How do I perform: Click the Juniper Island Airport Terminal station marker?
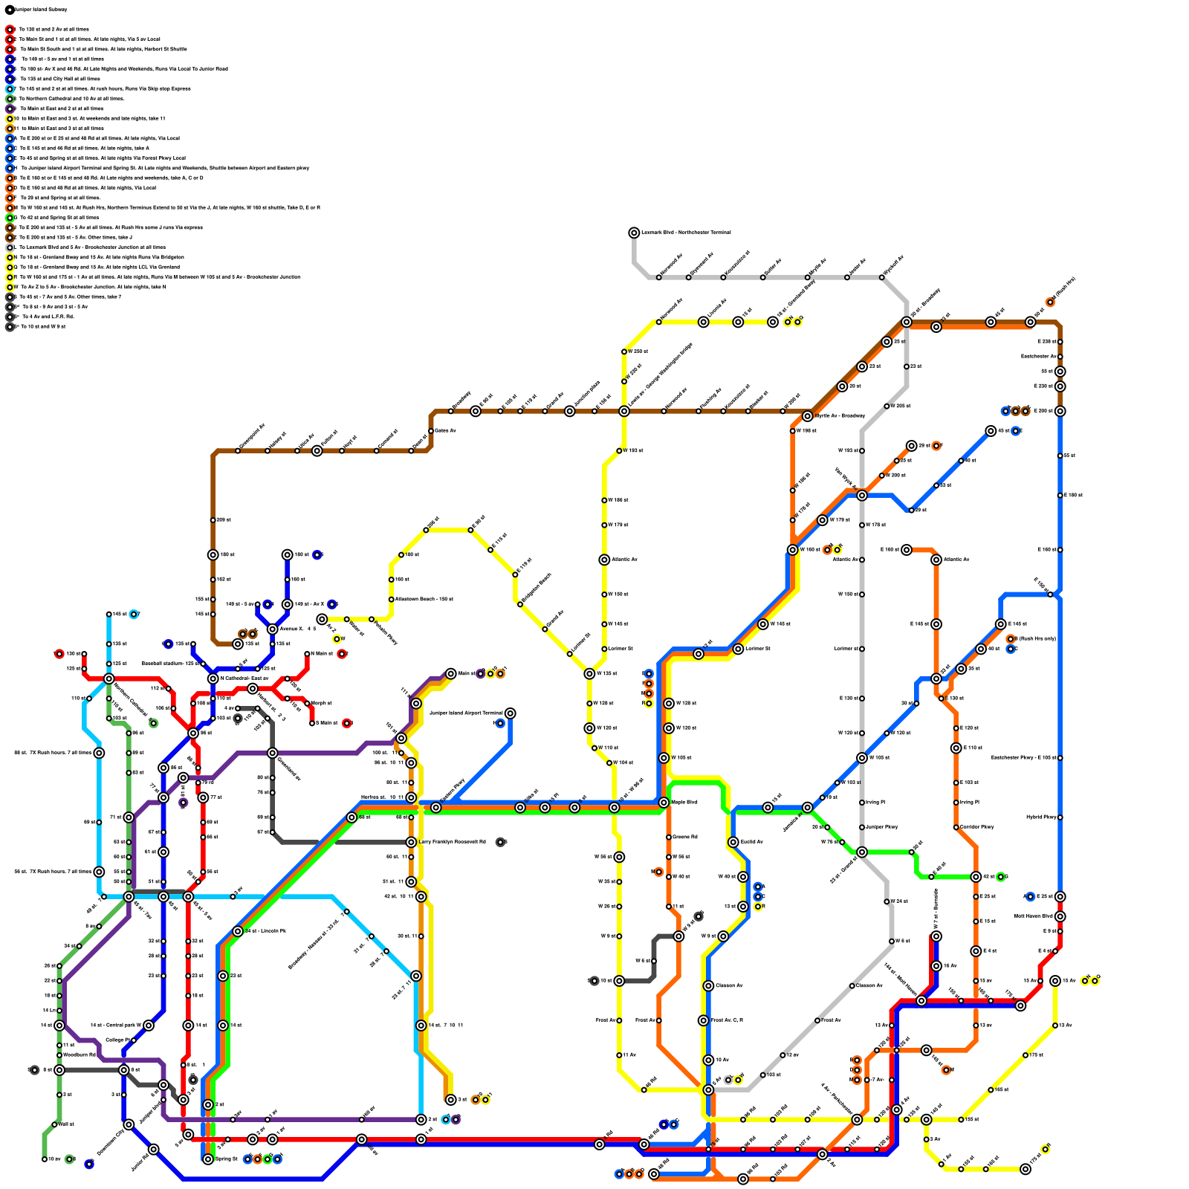(x=510, y=713)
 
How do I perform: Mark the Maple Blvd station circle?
(x=664, y=803)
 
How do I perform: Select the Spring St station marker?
(x=208, y=1159)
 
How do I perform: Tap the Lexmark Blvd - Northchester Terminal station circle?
(x=634, y=233)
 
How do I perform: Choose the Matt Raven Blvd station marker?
(x=1060, y=916)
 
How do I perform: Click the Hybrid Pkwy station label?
(x=1041, y=817)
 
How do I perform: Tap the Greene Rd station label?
(x=684, y=837)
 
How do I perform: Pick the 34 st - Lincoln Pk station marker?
(x=238, y=931)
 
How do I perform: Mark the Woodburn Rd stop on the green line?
(x=59, y=1054)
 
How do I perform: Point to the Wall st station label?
(x=66, y=1124)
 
